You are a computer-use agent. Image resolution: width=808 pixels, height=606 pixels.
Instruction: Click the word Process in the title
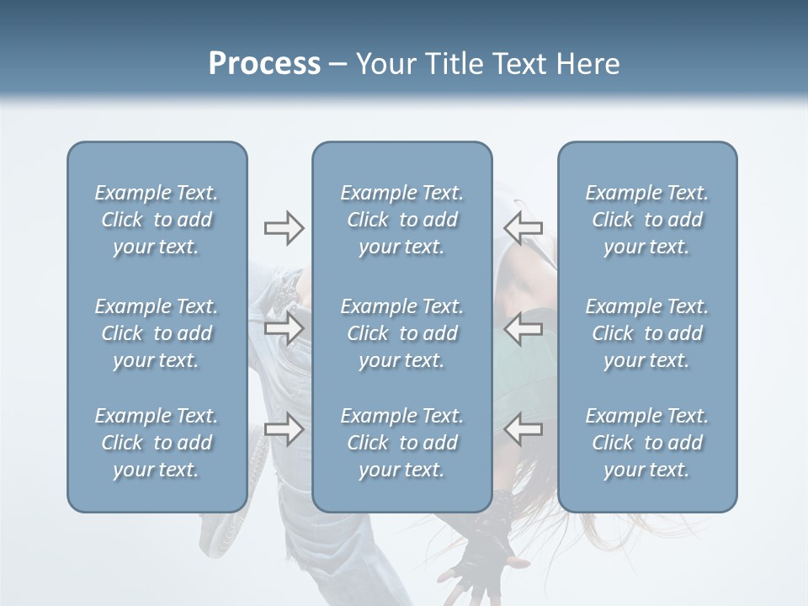[264, 64]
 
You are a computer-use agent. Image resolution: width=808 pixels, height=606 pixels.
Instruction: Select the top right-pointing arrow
[284, 228]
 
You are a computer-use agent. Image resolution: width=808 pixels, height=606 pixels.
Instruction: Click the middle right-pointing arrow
[284, 328]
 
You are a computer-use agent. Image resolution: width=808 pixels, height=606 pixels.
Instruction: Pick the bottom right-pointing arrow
[284, 429]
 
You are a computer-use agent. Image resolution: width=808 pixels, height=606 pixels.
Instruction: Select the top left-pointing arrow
[524, 228]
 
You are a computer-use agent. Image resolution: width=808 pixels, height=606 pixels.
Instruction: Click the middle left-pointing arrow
[524, 328]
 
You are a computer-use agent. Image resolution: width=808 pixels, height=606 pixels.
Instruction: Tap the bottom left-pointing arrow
[524, 429]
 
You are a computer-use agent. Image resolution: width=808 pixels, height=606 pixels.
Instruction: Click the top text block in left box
[157, 220]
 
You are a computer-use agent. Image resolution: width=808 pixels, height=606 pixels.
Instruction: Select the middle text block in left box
[157, 333]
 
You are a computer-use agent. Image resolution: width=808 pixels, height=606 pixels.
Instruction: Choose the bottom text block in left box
[157, 443]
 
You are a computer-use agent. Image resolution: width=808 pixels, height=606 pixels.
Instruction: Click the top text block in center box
[401, 220]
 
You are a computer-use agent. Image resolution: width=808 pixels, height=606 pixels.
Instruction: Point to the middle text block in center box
[401, 333]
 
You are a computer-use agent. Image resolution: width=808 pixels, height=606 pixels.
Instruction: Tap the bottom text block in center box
[401, 443]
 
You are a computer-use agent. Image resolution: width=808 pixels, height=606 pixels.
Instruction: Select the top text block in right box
[646, 220]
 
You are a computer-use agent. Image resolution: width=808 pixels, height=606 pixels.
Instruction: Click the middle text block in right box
[646, 333]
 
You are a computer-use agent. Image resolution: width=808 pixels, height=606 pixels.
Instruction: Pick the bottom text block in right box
[646, 443]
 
